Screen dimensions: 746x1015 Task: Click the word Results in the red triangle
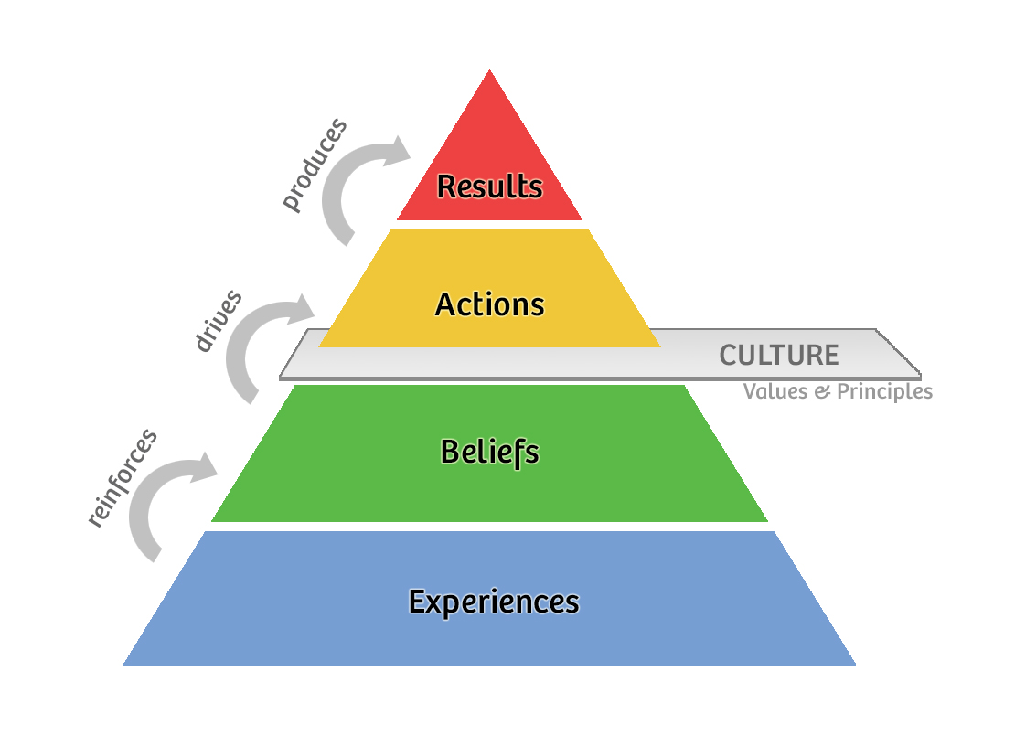click(x=490, y=186)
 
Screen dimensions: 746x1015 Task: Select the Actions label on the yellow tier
click(x=490, y=304)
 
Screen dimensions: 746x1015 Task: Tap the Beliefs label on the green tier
click(x=490, y=453)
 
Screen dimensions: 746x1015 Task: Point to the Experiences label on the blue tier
click(x=494, y=602)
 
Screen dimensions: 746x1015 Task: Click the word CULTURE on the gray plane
click(x=778, y=356)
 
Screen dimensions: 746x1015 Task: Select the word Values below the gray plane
click(x=775, y=392)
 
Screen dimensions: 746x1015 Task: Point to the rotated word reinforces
click(x=122, y=478)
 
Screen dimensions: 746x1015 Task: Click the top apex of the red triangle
click(x=489, y=70)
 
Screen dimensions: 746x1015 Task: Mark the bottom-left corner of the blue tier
click(x=124, y=664)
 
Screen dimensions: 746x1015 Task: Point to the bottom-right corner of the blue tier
click(x=855, y=664)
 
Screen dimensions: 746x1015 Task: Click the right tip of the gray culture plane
click(x=919, y=374)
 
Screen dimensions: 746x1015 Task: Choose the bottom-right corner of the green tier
click(x=767, y=521)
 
